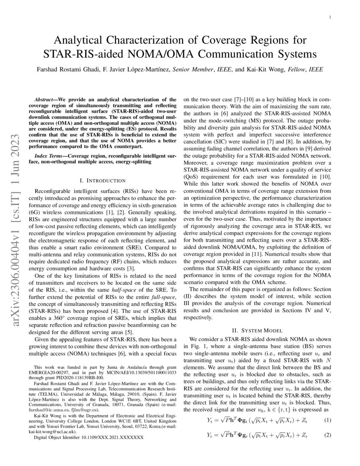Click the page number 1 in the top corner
(330, 17)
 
